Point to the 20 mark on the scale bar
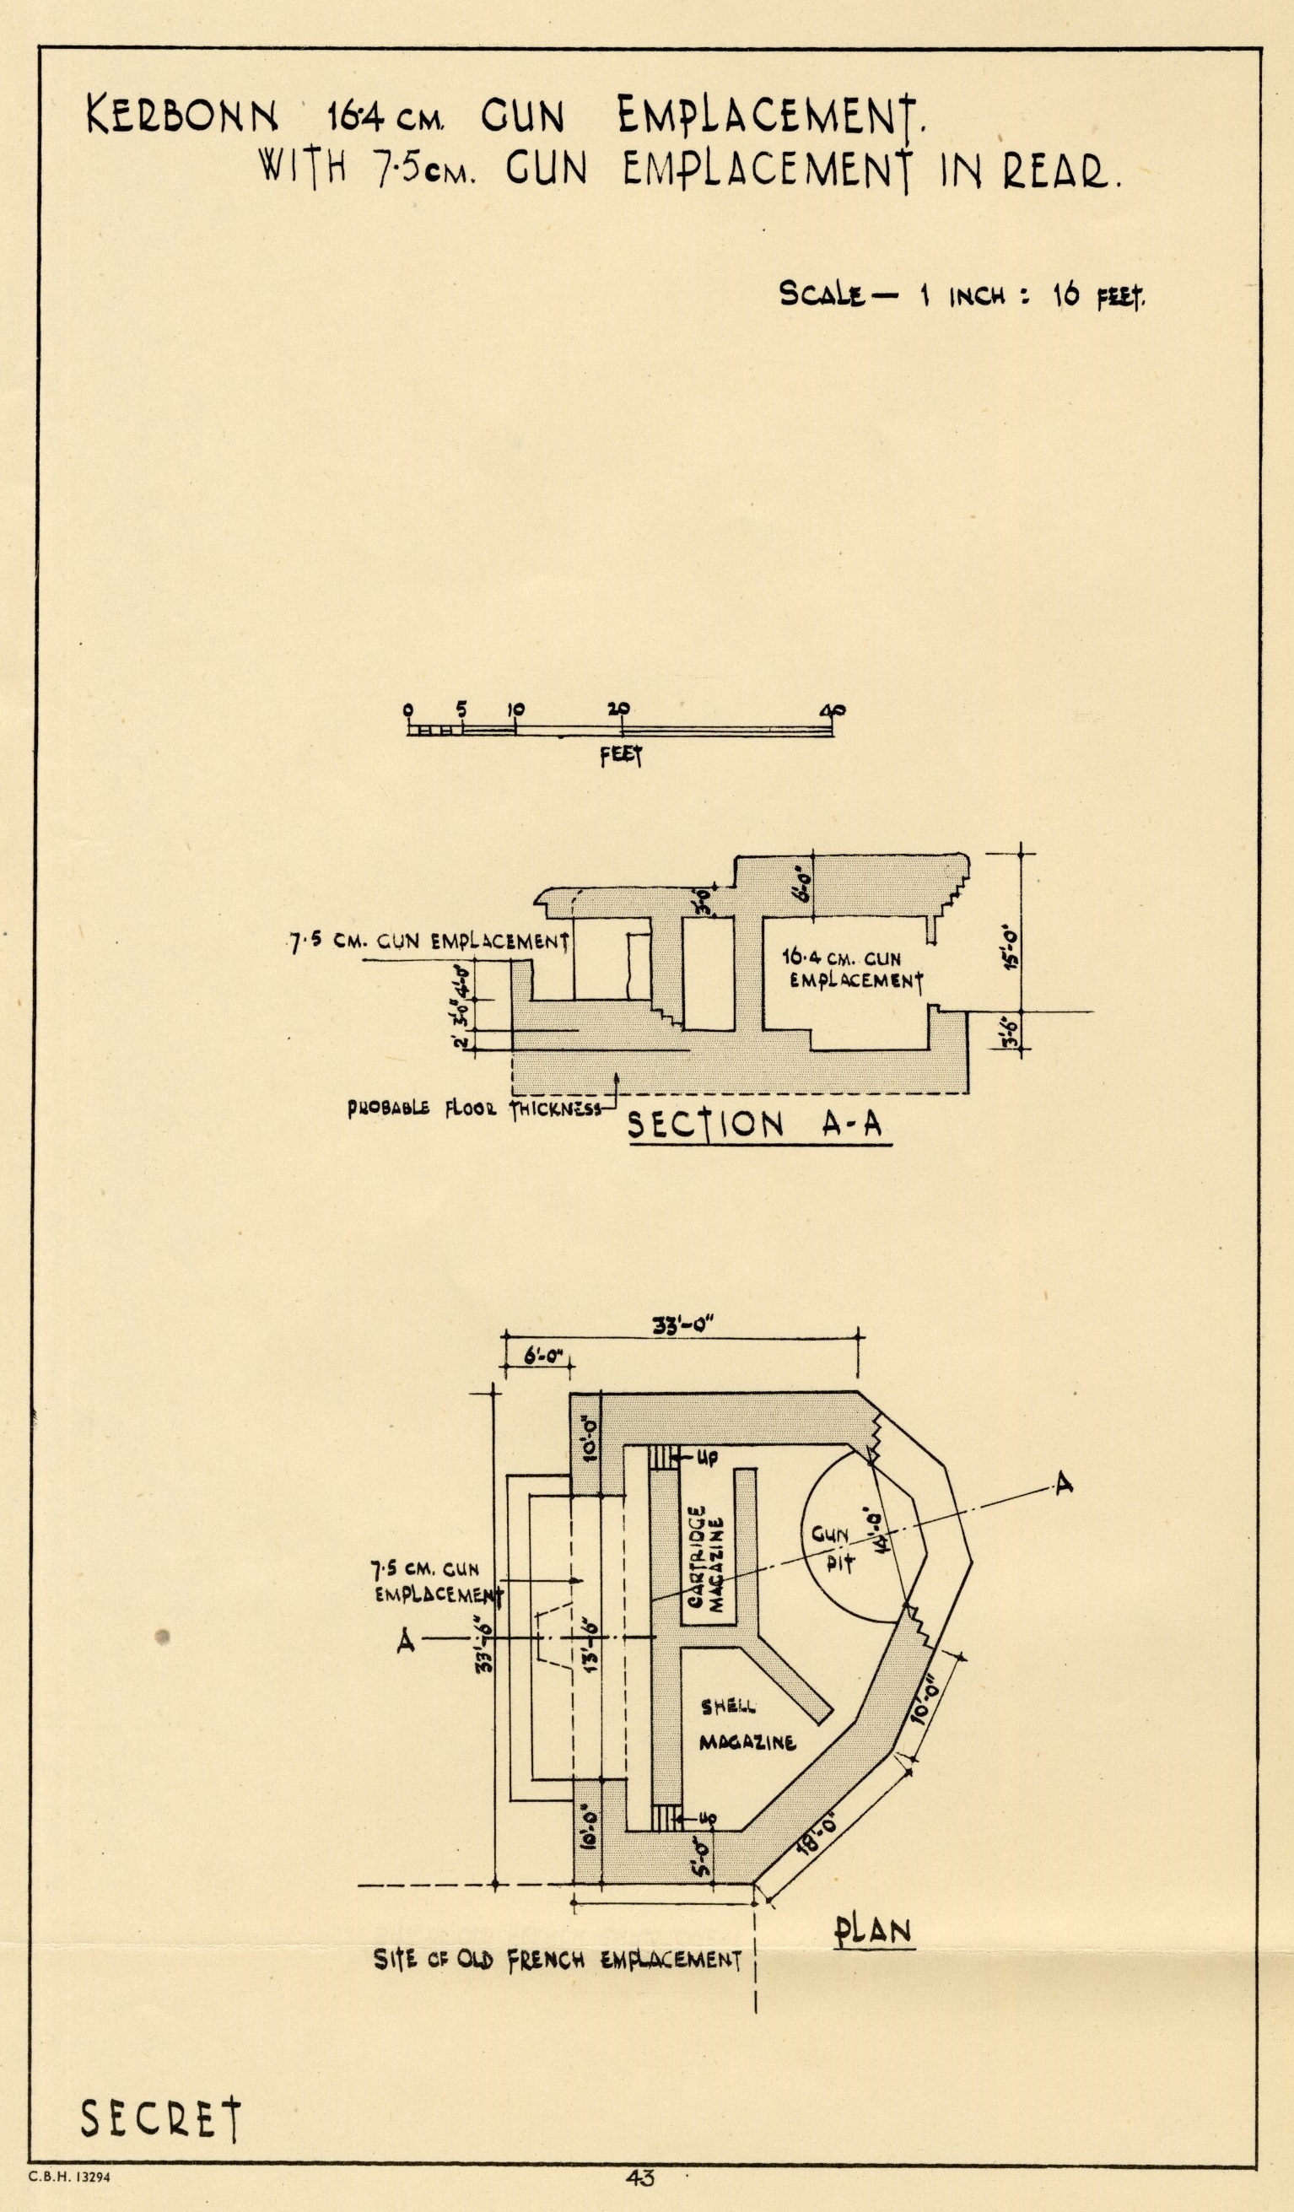coord(621,709)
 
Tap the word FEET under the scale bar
coord(622,757)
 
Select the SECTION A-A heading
coord(758,1125)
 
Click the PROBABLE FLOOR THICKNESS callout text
coord(474,1109)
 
